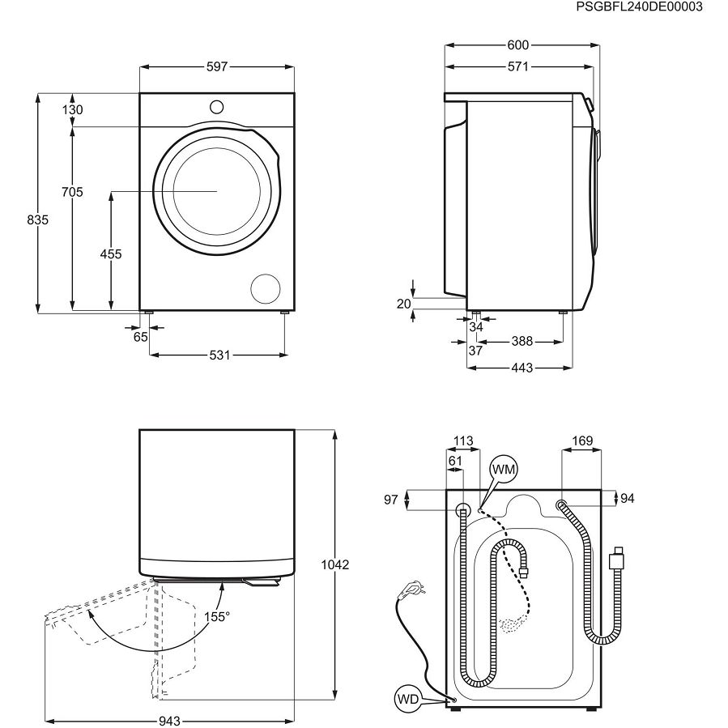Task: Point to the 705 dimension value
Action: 73,192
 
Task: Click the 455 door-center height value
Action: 110,254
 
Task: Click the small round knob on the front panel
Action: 216,106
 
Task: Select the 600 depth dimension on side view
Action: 518,45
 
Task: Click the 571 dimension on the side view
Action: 518,68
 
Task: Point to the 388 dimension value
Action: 522,342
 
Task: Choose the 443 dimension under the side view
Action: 522,368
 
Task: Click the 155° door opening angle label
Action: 216,616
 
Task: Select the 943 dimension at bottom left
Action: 169,719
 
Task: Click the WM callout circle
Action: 503,469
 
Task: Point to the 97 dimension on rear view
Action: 391,500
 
